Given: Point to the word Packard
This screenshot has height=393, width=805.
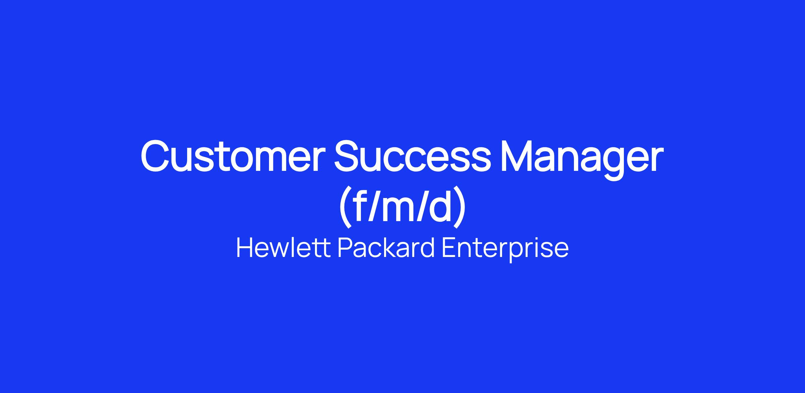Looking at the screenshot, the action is click(386, 248).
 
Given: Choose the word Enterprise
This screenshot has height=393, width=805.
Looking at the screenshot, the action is click(505, 250).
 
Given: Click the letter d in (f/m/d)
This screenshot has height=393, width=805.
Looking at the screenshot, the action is click(439, 205).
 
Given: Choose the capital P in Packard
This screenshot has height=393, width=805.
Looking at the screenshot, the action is click(345, 248).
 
